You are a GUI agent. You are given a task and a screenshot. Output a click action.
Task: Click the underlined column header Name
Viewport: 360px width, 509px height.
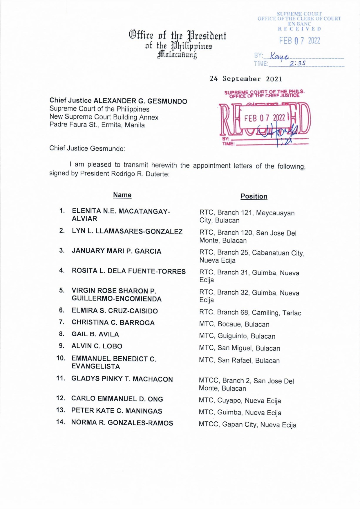[x=122, y=195]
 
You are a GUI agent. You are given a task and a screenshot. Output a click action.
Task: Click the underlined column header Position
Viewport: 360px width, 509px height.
[x=254, y=196]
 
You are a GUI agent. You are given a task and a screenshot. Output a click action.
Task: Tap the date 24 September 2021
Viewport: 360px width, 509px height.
[x=246, y=79]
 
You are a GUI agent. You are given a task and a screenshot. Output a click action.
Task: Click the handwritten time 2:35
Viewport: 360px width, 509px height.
[x=297, y=63]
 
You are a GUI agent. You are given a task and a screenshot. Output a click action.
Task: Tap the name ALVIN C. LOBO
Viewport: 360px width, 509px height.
[x=97, y=346]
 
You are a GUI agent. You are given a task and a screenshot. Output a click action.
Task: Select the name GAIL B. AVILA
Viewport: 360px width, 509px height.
[x=95, y=334]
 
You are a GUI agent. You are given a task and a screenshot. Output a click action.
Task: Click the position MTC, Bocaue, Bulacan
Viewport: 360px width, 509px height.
[x=234, y=324]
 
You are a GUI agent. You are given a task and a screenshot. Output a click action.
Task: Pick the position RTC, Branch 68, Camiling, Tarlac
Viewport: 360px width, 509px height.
[x=250, y=313]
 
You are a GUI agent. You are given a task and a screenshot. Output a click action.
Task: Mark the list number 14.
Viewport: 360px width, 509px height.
[x=61, y=422]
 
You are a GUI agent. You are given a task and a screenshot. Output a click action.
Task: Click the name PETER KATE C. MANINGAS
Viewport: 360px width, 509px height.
[x=117, y=411]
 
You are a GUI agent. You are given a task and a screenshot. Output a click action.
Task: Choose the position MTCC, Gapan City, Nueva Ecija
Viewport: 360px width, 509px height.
[x=247, y=425]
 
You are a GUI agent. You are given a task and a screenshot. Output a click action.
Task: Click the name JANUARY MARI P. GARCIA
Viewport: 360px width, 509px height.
[x=116, y=251]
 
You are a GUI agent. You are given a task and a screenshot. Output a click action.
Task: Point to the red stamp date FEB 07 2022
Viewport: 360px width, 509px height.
[x=265, y=118]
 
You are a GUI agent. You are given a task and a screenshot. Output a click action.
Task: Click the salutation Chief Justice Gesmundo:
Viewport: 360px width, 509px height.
[x=87, y=148]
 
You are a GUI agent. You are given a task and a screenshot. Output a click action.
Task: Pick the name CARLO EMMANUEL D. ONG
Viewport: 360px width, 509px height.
[x=117, y=399]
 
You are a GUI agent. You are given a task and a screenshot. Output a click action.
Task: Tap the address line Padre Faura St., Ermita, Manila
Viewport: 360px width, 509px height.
[x=97, y=125]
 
